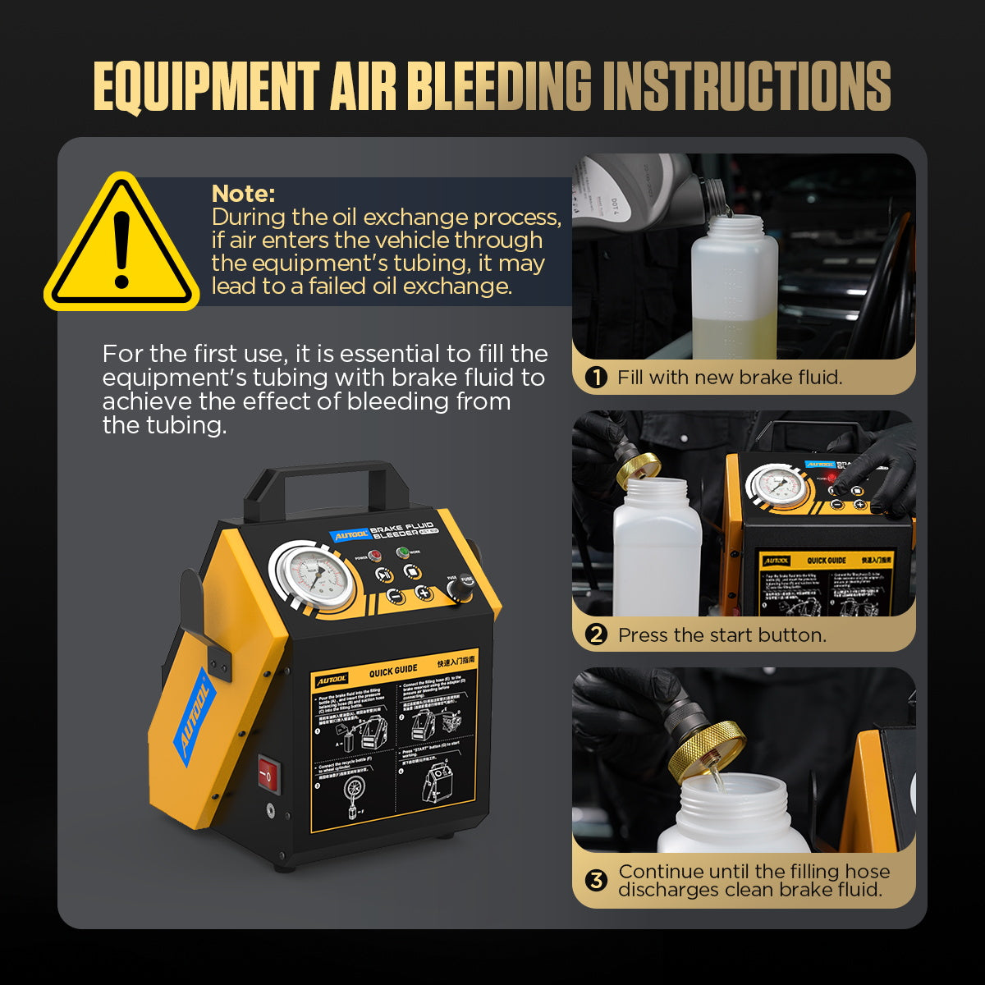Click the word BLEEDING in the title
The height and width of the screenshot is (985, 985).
click(499, 85)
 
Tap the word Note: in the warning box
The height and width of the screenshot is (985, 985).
click(243, 194)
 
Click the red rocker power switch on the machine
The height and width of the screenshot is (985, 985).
click(268, 773)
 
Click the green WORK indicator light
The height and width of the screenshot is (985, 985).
click(403, 552)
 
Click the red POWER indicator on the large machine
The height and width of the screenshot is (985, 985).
click(373, 556)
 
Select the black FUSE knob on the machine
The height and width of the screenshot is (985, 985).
click(465, 584)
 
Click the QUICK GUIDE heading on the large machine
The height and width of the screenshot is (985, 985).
click(393, 671)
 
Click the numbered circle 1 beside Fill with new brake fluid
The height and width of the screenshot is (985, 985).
click(596, 378)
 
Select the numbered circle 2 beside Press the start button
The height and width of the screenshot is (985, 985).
click(597, 635)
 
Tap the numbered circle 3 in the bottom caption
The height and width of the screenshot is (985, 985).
click(597, 881)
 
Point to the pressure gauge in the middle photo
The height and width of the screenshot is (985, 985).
click(775, 485)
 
